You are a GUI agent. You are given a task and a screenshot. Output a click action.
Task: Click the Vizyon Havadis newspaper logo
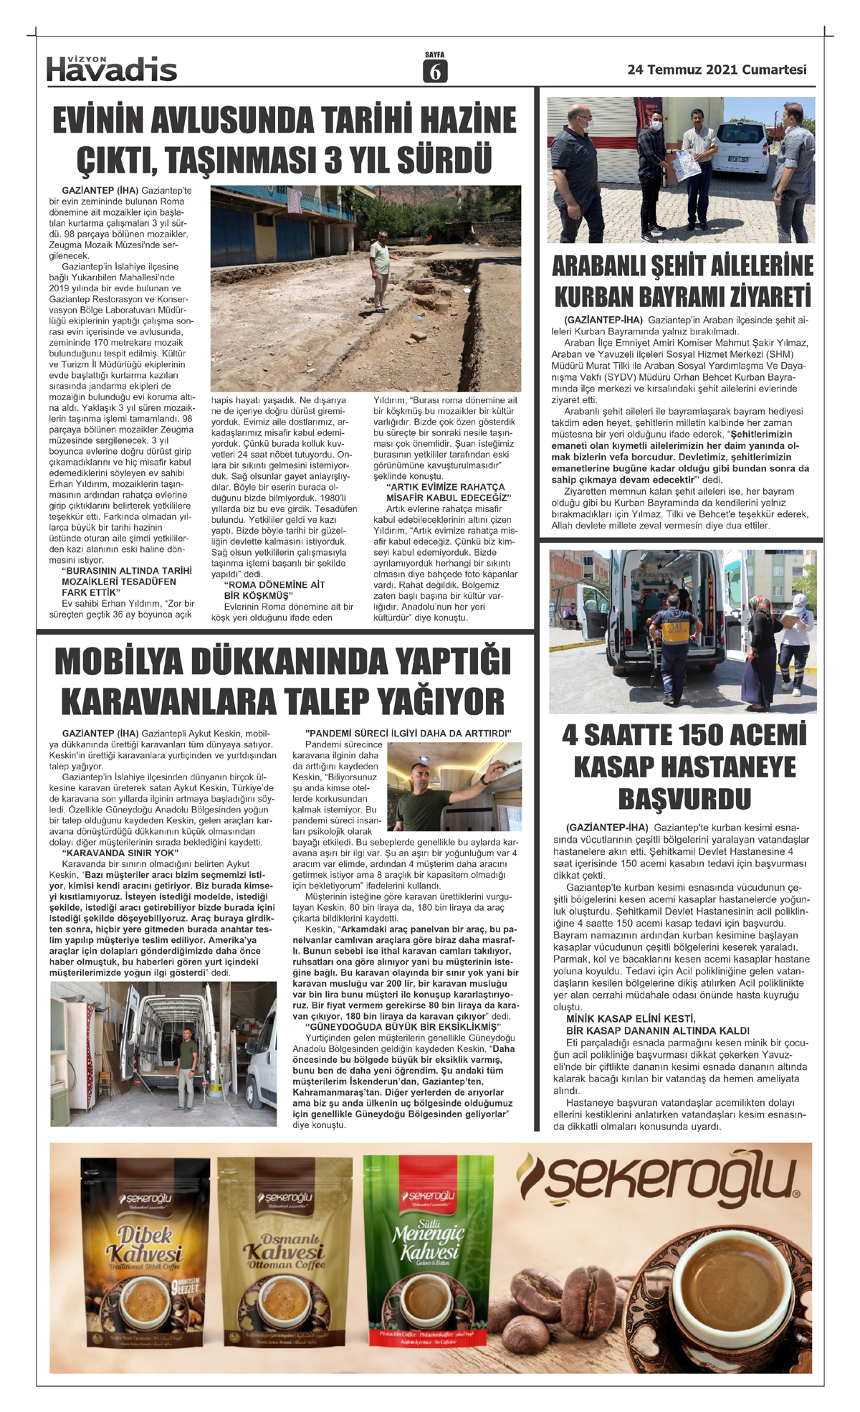pyautogui.click(x=111, y=68)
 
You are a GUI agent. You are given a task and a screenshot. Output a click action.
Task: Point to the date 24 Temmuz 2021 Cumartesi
pyautogui.click(x=717, y=70)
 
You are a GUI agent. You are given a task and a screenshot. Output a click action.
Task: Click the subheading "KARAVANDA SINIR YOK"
pyautogui.click(x=119, y=853)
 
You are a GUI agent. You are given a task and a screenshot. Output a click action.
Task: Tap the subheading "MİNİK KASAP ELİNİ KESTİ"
pyautogui.click(x=630, y=1018)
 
